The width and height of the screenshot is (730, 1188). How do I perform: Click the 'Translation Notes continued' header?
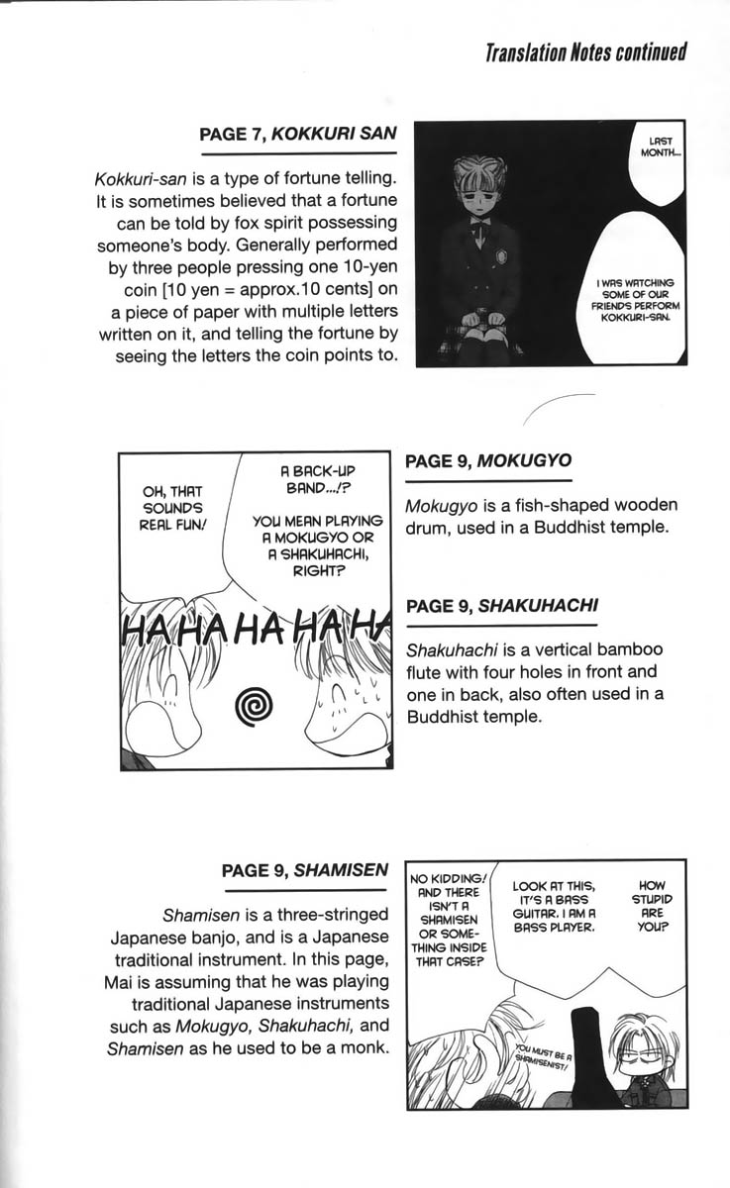click(x=585, y=52)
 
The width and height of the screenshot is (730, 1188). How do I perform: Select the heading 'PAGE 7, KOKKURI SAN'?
click(x=297, y=136)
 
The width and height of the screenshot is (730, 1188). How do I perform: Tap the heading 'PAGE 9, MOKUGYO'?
click(x=488, y=461)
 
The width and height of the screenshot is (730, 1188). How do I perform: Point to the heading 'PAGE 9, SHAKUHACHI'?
click(x=501, y=605)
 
